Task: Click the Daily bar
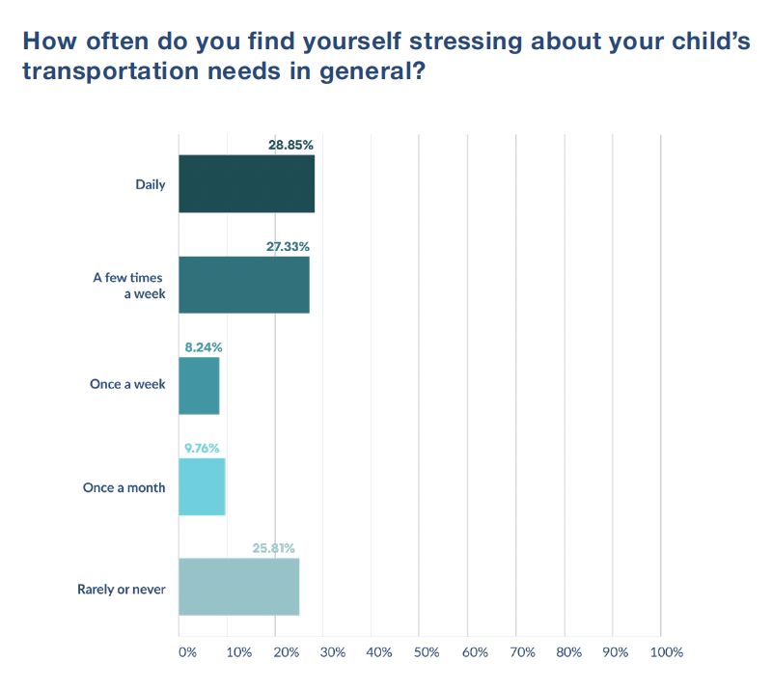(246, 183)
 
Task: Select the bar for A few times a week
(244, 285)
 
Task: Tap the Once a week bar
(199, 386)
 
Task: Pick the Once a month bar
(202, 487)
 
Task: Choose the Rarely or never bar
(238, 587)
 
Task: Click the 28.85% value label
(290, 145)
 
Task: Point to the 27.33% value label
(288, 246)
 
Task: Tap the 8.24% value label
(201, 346)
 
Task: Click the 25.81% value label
(274, 548)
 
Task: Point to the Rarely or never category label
(122, 588)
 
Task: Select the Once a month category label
(124, 487)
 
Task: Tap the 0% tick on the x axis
(187, 652)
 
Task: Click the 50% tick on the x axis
(427, 652)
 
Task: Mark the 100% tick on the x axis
(667, 652)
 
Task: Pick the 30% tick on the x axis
(331, 652)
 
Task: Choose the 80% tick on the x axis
(569, 652)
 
